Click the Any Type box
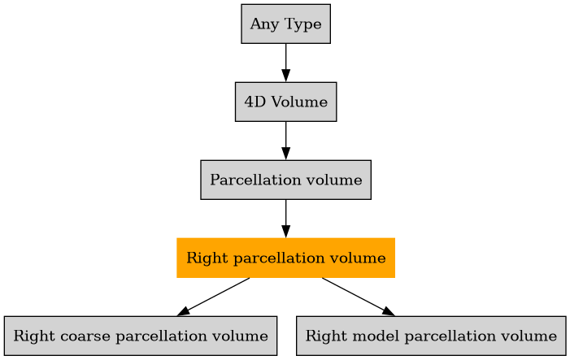point(285,24)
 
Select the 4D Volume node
point(285,102)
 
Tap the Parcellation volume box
point(285,180)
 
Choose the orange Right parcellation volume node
point(285,258)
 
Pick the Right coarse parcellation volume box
point(141,336)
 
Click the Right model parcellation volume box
point(431,336)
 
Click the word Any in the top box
point(262,24)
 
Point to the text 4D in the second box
point(253,102)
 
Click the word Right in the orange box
point(203,258)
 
